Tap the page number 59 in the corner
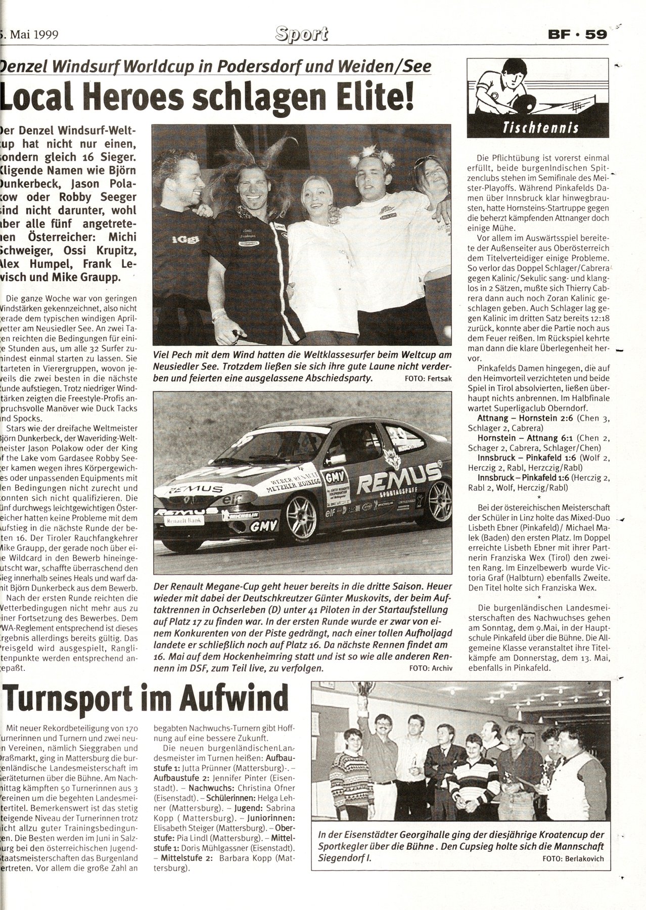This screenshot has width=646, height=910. (595, 36)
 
